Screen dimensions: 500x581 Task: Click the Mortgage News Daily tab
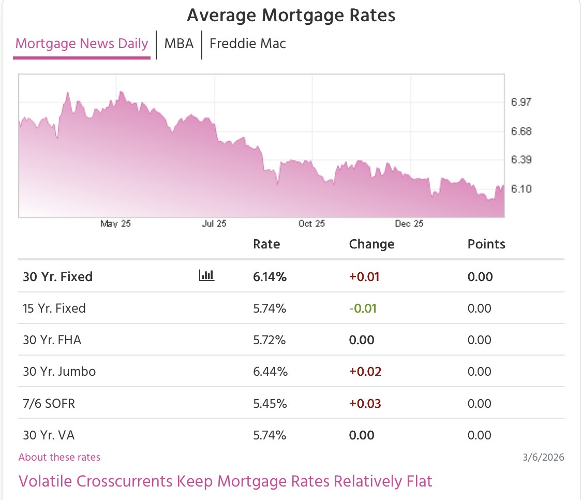(x=82, y=43)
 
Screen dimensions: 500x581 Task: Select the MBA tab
(x=179, y=43)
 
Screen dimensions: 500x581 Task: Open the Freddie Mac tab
(x=247, y=43)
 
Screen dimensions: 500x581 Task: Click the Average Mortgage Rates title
(x=291, y=15)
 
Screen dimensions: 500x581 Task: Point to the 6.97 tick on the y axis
(x=521, y=102)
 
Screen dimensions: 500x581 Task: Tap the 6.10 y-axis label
(x=521, y=189)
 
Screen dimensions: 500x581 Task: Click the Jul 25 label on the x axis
(x=214, y=224)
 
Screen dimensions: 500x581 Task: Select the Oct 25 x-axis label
(x=312, y=224)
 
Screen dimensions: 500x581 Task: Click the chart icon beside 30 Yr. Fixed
(x=206, y=276)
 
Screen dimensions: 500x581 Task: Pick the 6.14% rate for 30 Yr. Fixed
(x=270, y=277)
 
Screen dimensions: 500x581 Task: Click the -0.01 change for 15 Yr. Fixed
(x=363, y=308)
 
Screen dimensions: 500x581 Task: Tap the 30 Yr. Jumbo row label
(x=59, y=372)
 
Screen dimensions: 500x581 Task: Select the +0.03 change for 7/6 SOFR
(x=365, y=403)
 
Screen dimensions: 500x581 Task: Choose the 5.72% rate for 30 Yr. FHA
(x=270, y=340)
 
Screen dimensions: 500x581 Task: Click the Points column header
(x=486, y=244)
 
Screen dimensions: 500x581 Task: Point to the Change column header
(x=371, y=244)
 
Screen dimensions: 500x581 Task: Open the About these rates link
(x=59, y=457)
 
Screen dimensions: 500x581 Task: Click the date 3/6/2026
(x=543, y=457)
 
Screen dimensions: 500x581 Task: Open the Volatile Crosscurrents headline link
(x=225, y=481)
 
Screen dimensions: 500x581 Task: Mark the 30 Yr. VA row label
(x=49, y=435)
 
